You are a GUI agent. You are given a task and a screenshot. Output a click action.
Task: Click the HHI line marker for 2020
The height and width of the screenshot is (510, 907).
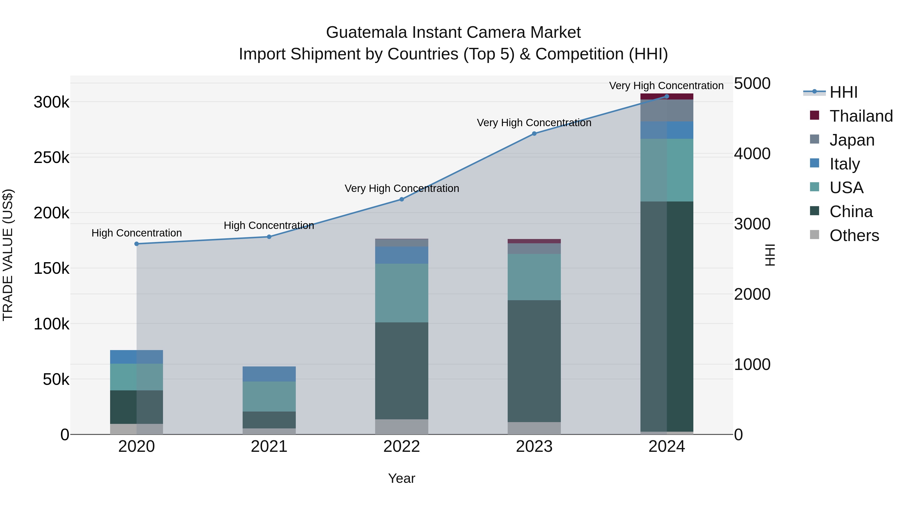137,244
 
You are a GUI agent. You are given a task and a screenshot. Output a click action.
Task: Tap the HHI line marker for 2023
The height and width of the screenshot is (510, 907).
534,133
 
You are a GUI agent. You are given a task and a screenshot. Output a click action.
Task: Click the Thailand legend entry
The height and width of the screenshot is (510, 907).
861,116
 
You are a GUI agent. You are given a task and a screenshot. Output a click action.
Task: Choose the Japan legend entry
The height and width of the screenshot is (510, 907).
852,140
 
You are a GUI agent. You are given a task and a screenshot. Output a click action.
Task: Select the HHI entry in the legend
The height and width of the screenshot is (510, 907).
843,92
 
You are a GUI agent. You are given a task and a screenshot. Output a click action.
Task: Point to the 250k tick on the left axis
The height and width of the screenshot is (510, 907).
51,157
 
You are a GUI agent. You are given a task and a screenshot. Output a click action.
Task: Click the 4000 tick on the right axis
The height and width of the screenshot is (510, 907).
752,154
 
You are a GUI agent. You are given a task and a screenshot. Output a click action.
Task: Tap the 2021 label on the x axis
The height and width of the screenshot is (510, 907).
269,447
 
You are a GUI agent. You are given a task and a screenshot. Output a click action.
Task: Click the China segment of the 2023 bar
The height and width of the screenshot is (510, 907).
534,361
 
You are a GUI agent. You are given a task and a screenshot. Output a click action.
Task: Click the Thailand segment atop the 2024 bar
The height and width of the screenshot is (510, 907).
666,96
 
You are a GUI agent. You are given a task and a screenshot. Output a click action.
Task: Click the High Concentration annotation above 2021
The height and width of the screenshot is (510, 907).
269,225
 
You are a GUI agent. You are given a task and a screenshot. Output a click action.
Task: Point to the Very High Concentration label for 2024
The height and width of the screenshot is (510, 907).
666,86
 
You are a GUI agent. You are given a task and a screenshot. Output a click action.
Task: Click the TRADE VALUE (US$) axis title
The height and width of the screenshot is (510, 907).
8,255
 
